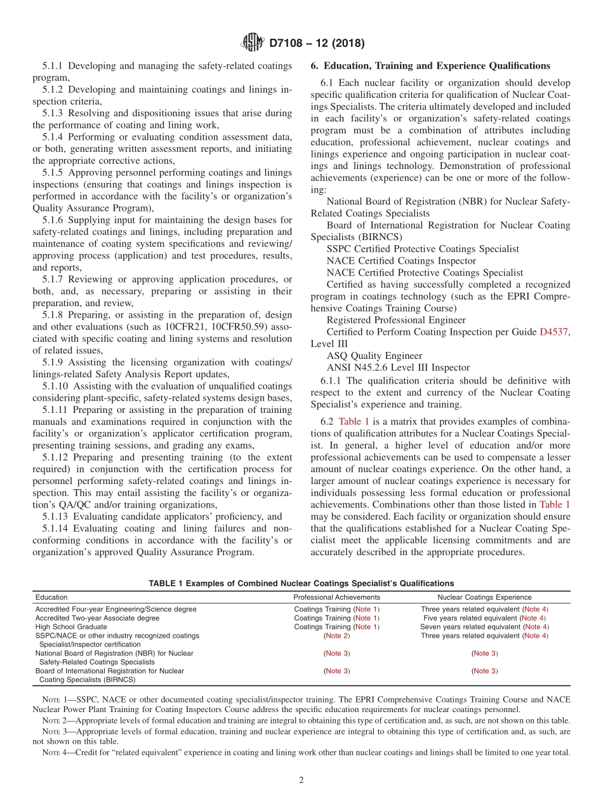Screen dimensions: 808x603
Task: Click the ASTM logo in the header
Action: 253,44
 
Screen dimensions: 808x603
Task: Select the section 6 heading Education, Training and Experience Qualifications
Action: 430,65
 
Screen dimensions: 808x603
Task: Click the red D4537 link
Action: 554,332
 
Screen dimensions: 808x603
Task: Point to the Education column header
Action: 51,597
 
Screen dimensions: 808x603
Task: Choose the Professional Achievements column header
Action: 336,597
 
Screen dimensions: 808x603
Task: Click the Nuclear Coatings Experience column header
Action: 484,597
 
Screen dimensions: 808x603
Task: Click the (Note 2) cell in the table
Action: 336,636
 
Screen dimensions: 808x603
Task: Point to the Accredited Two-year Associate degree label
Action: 97,618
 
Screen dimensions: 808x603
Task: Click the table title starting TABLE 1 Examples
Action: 301,583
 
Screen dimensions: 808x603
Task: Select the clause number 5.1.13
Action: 57,516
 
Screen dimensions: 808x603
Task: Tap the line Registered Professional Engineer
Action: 396,320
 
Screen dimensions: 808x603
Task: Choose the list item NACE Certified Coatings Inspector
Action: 401,260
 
